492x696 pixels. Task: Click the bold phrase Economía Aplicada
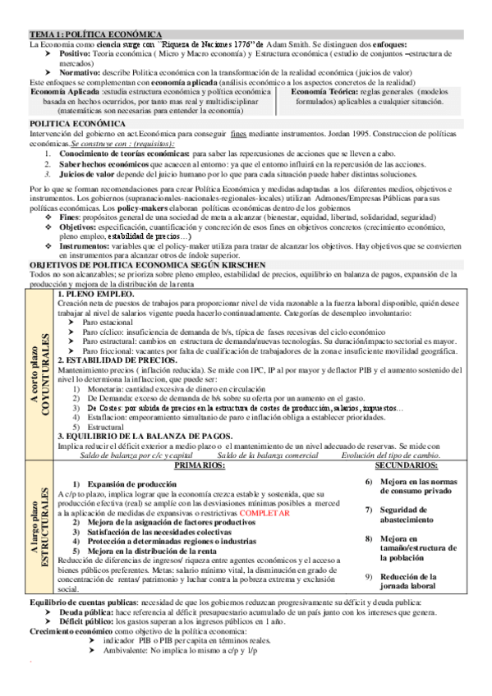[x=66, y=92]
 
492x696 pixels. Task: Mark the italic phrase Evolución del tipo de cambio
[x=390, y=455]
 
